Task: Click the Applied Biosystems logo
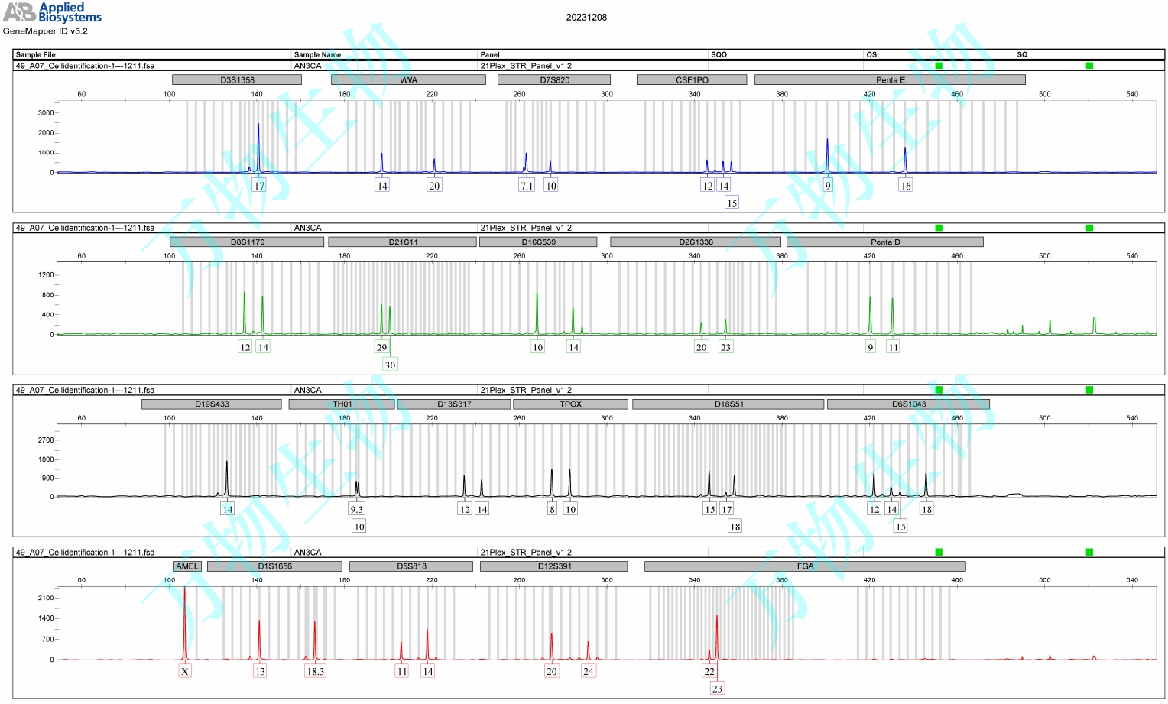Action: pos(52,13)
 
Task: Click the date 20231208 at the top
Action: pos(586,18)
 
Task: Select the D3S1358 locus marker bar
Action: pos(237,79)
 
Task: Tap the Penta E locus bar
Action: pos(889,79)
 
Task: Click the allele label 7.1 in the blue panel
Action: pos(527,186)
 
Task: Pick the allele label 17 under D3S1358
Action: pos(259,186)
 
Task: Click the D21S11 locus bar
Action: pos(402,242)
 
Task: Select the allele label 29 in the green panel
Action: pos(381,347)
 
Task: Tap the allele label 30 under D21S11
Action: pos(390,365)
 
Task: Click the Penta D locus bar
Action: pos(884,242)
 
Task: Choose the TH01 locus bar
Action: pos(342,404)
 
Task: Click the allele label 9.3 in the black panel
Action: pos(356,509)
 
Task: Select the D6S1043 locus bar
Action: pos(908,404)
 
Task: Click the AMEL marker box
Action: pos(187,566)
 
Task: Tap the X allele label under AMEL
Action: pos(185,671)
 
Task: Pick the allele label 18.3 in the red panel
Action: pos(315,671)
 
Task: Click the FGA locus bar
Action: pos(805,566)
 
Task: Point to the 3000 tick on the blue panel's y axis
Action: pos(46,113)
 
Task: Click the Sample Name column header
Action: pos(317,54)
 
